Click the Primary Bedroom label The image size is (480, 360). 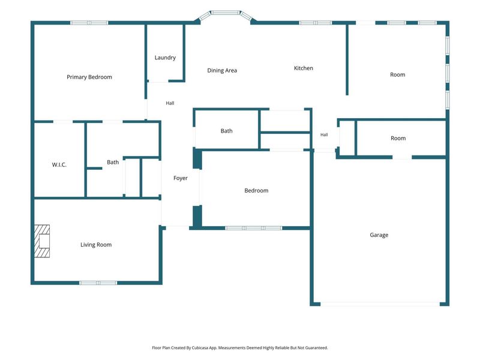point(89,77)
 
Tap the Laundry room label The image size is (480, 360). point(165,58)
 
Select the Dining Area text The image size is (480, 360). point(222,70)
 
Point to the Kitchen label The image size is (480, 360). point(304,68)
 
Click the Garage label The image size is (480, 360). point(379,235)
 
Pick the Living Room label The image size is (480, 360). point(96,245)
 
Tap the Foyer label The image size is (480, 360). point(181,178)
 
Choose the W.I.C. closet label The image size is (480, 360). point(59,164)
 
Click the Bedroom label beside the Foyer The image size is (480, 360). point(256,190)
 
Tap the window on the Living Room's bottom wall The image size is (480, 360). point(98,283)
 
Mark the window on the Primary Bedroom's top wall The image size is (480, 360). point(89,23)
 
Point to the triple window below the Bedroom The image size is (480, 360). point(253,228)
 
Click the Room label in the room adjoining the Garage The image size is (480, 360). point(398,139)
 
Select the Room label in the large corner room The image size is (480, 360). point(397,74)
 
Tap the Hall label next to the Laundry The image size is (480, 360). point(170,103)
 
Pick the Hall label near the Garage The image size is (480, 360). point(324,134)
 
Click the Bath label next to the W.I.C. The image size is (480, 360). point(113,162)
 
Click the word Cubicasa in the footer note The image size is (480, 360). point(200,348)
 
